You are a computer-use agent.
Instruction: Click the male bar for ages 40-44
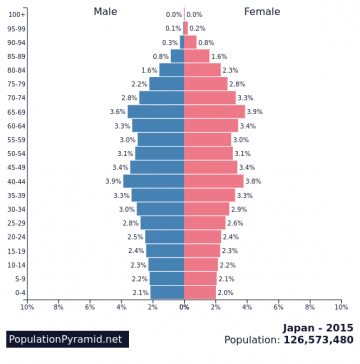[x=154, y=181]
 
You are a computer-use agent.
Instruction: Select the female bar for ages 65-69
[x=214, y=112]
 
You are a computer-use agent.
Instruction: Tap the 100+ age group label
[x=17, y=14]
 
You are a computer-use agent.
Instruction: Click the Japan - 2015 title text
[x=317, y=327]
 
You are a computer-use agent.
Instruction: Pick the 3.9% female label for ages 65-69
[x=254, y=112]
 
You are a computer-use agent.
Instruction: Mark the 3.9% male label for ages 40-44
[x=113, y=181]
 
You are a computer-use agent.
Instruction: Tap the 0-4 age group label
[x=20, y=292]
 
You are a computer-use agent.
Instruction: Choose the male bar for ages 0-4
[x=168, y=292]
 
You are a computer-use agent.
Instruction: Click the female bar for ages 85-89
[x=196, y=56]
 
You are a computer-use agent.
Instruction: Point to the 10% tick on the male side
[x=27, y=306]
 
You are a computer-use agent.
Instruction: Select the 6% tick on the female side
[x=278, y=306]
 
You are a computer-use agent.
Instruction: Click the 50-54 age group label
[x=18, y=153]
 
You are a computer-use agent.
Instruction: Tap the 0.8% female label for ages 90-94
[x=206, y=42]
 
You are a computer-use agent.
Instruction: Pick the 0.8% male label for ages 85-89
[x=161, y=56]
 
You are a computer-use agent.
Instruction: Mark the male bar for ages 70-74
[x=162, y=98]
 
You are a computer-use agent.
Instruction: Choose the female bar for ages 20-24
[x=203, y=237]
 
